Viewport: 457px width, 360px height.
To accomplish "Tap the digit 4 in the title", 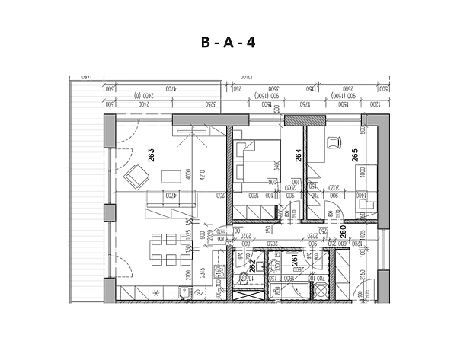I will (250, 43).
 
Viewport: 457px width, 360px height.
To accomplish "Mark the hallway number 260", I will (343, 232).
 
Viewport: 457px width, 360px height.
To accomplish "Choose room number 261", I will (295, 261).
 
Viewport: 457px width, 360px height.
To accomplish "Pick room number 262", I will (252, 266).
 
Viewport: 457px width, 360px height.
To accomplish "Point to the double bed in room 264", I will (257, 165).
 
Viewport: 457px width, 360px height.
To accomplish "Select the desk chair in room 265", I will (333, 142).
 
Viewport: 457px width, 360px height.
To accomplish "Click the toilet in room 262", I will (246, 279).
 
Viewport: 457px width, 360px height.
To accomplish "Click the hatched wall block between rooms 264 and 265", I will (294, 120).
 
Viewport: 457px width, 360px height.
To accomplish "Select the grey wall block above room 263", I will (200, 119).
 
